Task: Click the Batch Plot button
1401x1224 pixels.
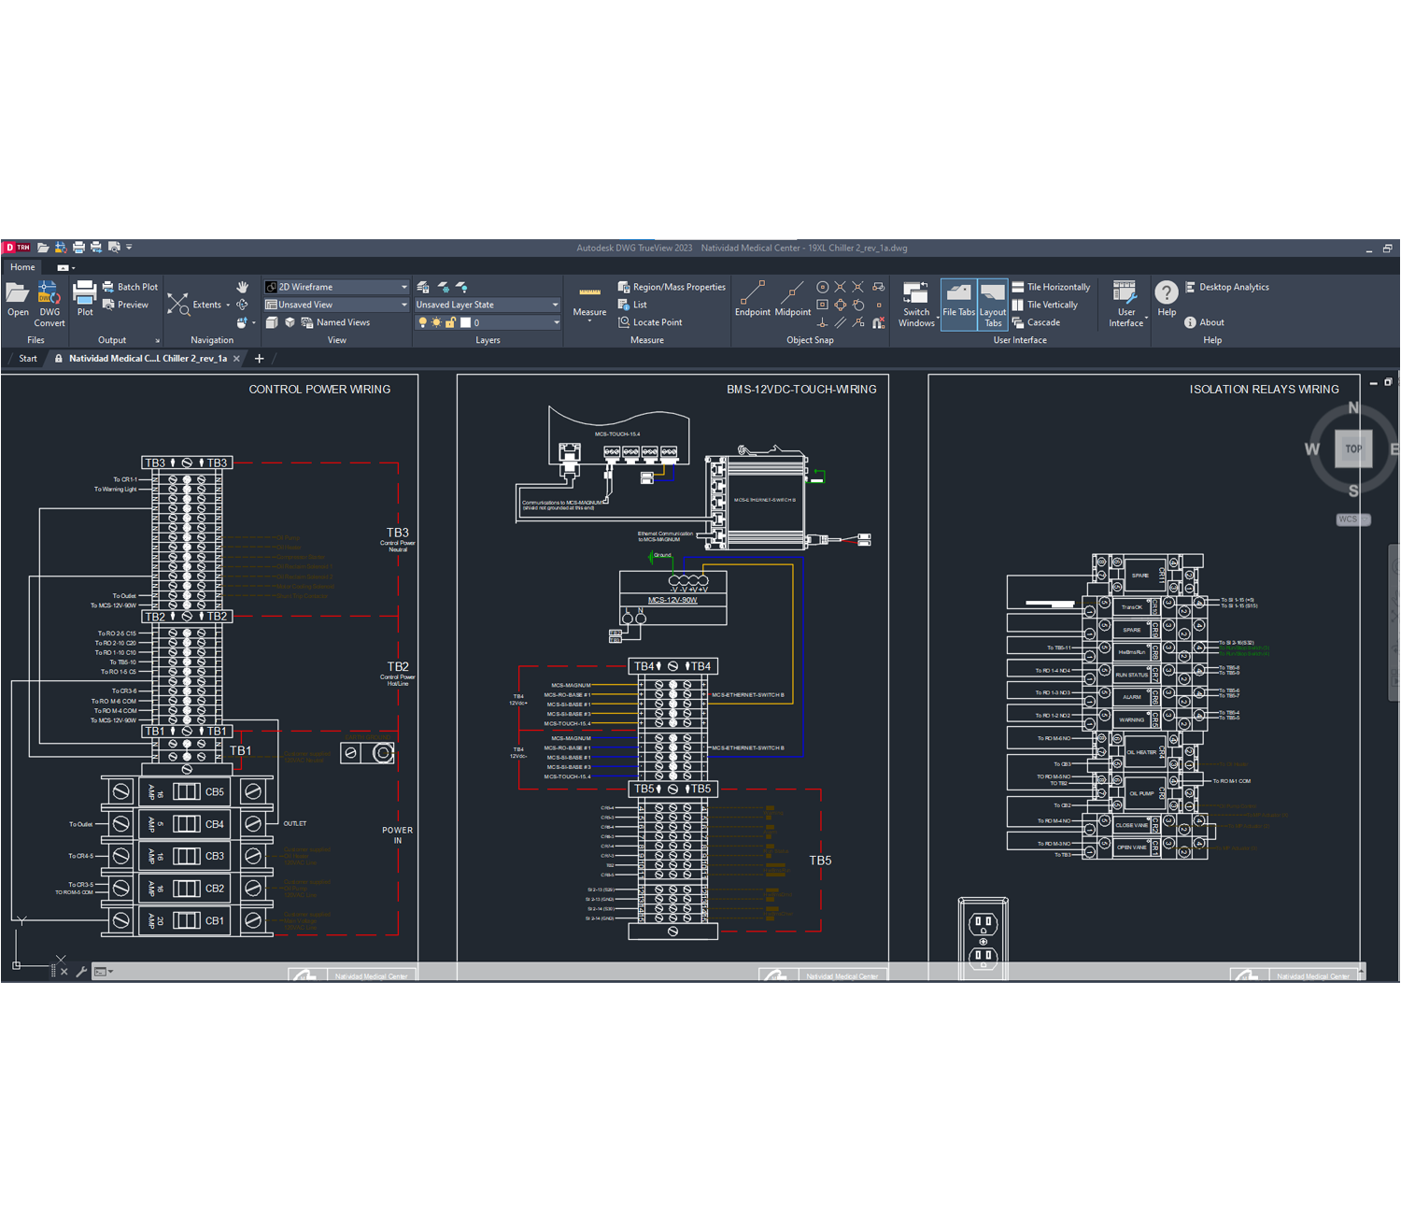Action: [x=130, y=287]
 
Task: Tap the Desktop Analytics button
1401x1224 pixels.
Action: [x=1226, y=287]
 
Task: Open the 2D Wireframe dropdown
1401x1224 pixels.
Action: [x=336, y=287]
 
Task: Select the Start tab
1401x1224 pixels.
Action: [x=28, y=359]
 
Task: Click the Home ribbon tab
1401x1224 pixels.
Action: [x=22, y=267]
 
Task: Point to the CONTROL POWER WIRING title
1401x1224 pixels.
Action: [x=319, y=390]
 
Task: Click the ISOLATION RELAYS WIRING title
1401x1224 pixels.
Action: [x=1264, y=390]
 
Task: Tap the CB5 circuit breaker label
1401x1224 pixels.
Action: [x=215, y=792]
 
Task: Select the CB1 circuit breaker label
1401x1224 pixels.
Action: [x=215, y=921]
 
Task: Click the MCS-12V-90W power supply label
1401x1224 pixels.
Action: [x=672, y=600]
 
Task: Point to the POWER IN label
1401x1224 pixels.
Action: [x=397, y=835]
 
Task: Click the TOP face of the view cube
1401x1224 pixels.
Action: [x=1353, y=449]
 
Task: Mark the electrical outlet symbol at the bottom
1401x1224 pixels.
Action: [x=983, y=939]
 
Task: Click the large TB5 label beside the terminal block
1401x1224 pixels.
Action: [x=820, y=861]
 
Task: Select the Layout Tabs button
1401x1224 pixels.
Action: [x=992, y=305]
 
